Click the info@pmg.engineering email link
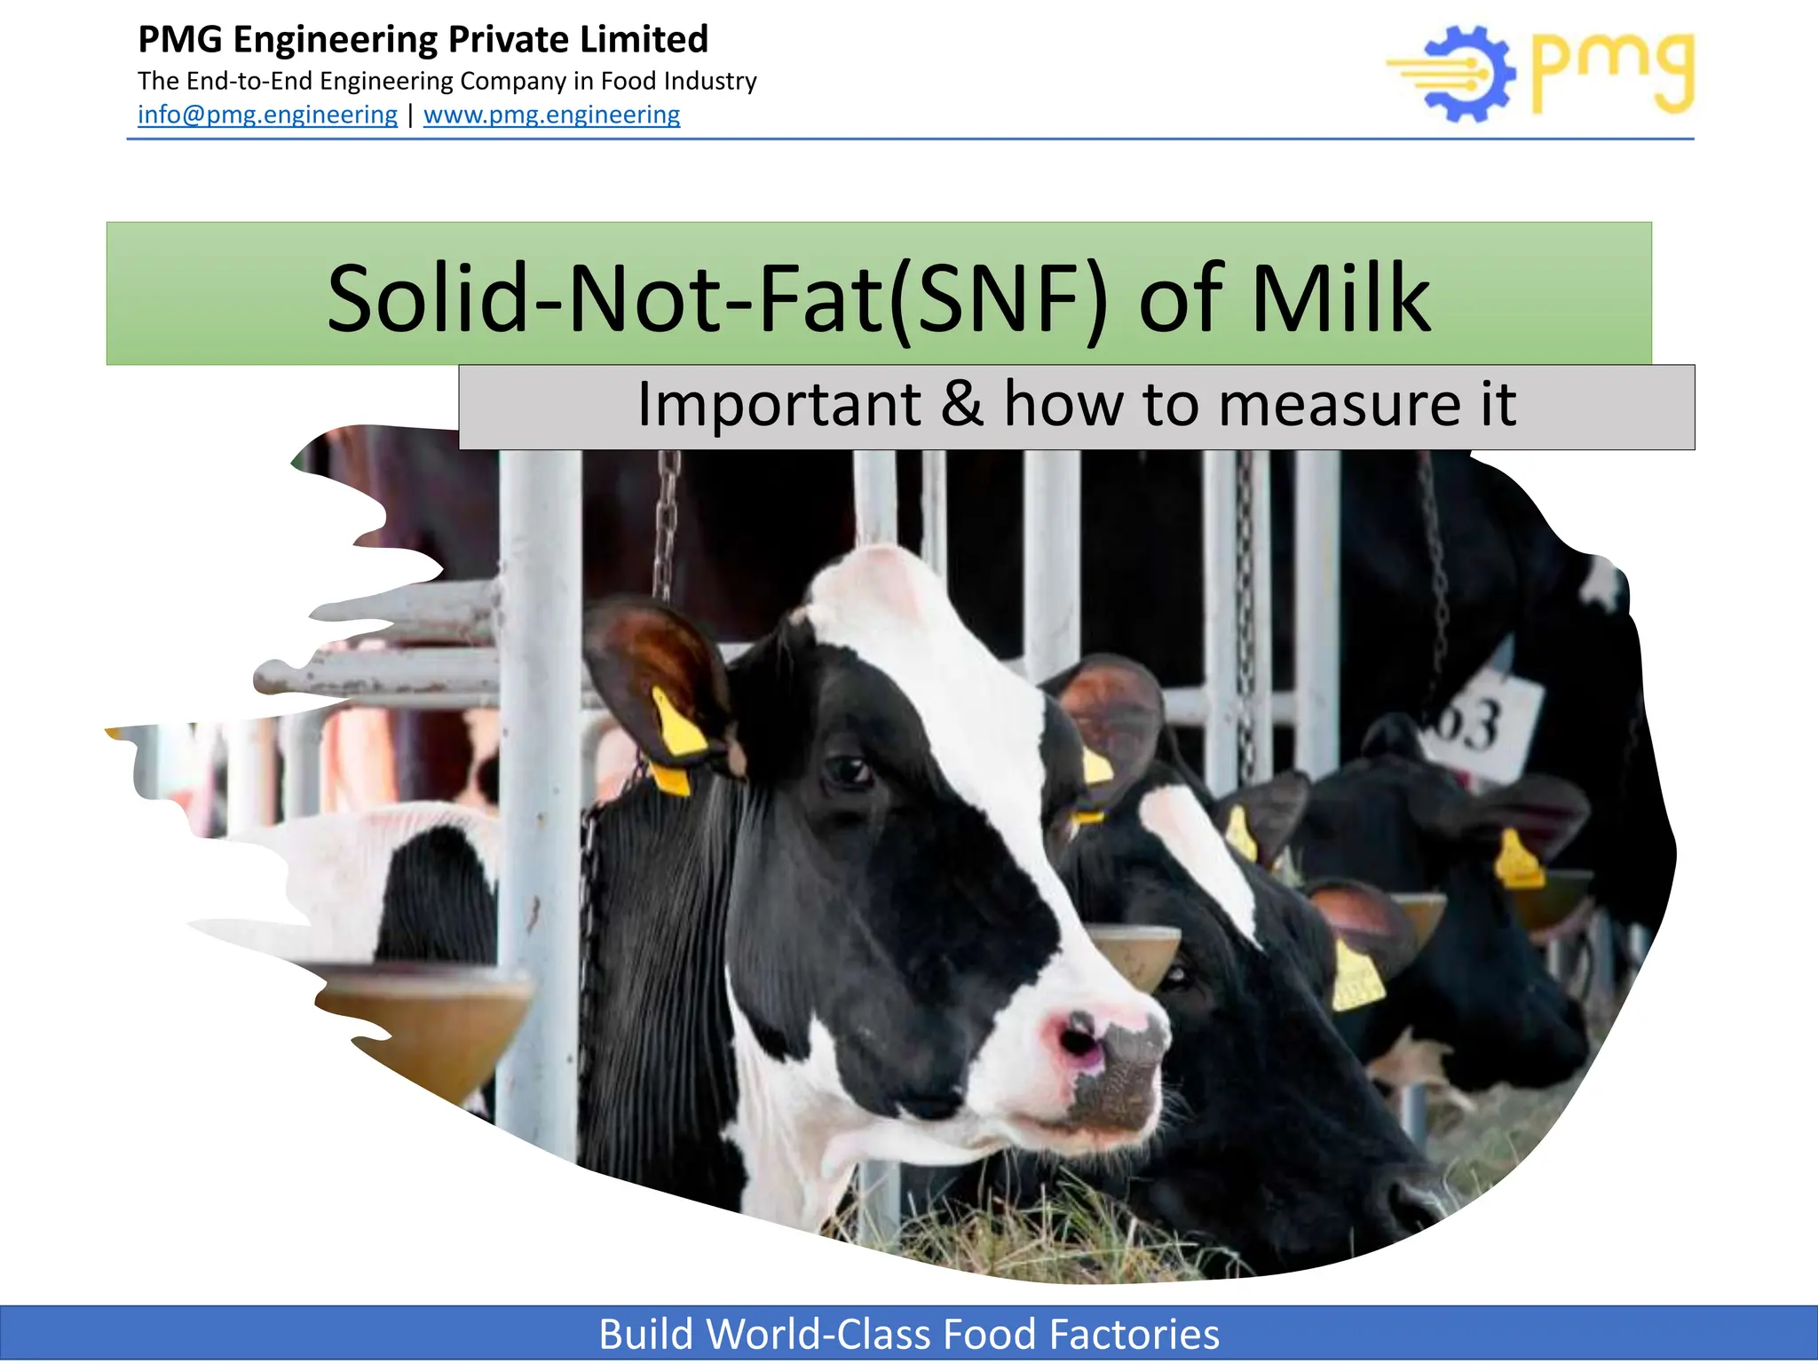coord(267,115)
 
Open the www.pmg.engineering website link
coord(551,115)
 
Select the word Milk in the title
coord(1340,298)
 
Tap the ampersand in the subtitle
coord(961,405)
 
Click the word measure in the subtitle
coord(1335,405)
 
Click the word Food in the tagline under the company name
coord(628,81)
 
